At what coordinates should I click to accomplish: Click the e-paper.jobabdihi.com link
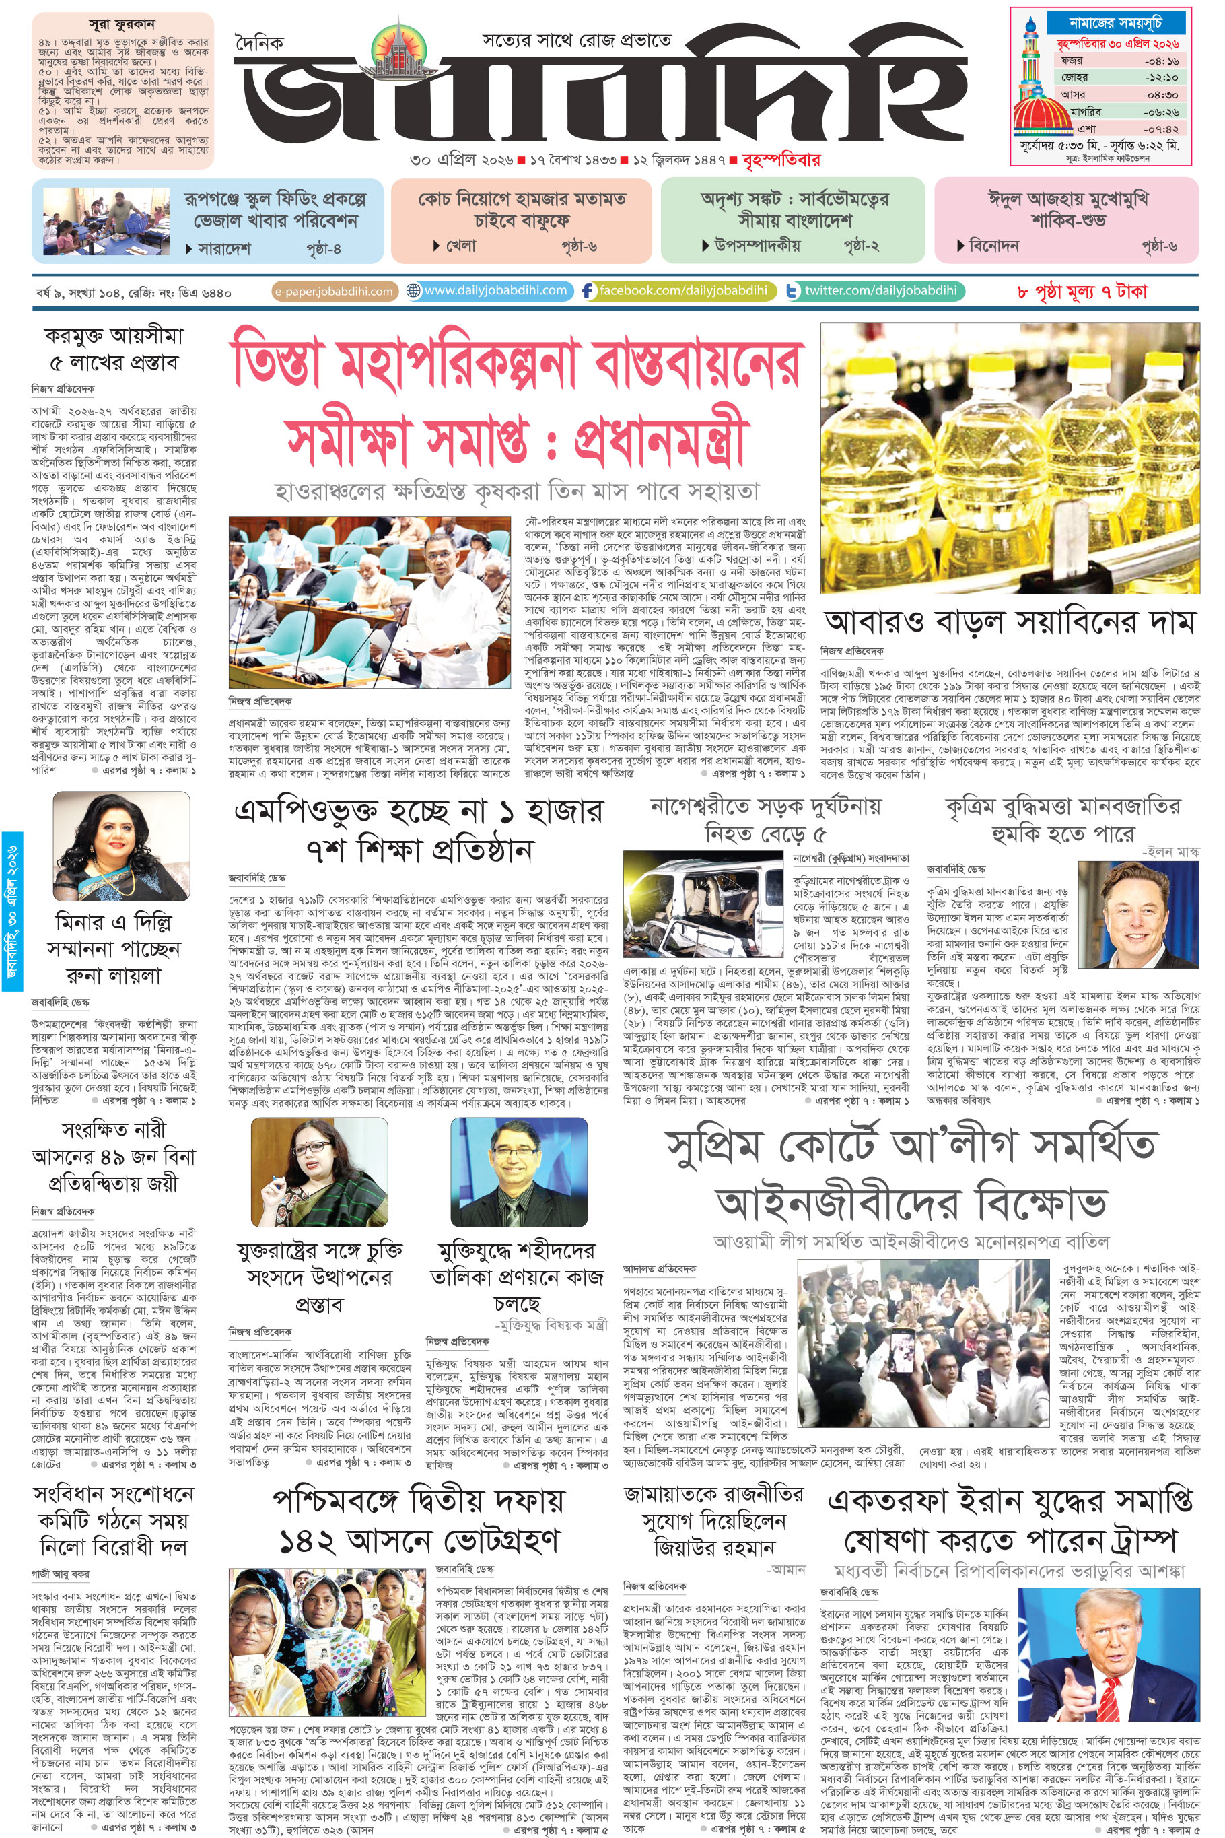pyautogui.click(x=334, y=292)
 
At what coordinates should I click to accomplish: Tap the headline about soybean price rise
pyautogui.click(x=1010, y=623)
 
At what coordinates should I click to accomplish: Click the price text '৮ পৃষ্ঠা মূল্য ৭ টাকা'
pyautogui.click(x=1082, y=292)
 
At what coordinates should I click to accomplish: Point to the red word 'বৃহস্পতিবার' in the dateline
pyautogui.click(x=781, y=160)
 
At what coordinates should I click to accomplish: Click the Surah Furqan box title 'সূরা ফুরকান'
pyautogui.click(x=122, y=24)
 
